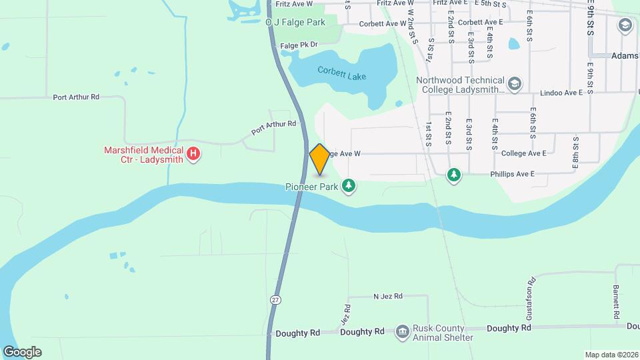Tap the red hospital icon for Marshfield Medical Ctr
pos(193,155)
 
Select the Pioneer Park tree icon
pos(349,185)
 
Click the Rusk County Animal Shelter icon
pos(402,331)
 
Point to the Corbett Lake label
pos(341,73)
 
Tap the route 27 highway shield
pos(275,300)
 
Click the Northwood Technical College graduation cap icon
pos(514,84)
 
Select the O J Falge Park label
pos(295,23)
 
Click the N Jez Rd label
pos(388,296)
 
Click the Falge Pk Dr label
pos(299,45)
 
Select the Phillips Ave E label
pos(509,175)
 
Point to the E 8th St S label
pos(575,150)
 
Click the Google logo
pos(22,352)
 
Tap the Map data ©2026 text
pos(611,355)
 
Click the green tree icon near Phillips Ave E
pos(454,175)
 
